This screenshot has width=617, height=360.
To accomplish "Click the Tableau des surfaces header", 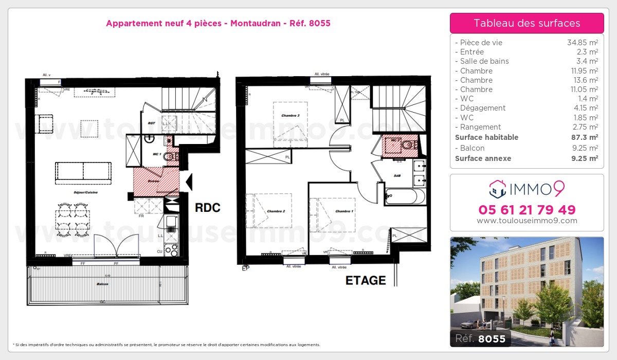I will point(527,23).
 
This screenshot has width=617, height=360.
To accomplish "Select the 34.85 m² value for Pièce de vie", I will point(582,43).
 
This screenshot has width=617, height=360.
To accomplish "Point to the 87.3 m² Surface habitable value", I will point(586,137).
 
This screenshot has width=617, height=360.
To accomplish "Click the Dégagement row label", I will point(483,108).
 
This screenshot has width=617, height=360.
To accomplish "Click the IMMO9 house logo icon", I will point(497,189).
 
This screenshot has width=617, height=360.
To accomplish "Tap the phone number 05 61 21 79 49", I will point(527,210).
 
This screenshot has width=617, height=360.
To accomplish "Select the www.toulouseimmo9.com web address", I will point(527,221).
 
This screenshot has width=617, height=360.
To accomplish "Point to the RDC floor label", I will point(207,208).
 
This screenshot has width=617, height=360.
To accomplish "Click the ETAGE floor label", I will point(366,280).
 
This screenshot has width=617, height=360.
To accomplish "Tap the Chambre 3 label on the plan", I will point(291,116).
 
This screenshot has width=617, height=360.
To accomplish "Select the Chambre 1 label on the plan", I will point(344,211).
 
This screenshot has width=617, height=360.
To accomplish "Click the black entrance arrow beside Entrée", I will point(189,181).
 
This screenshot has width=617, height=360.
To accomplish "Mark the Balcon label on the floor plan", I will point(102,284).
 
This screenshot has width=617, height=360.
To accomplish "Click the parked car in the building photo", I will point(469,325).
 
